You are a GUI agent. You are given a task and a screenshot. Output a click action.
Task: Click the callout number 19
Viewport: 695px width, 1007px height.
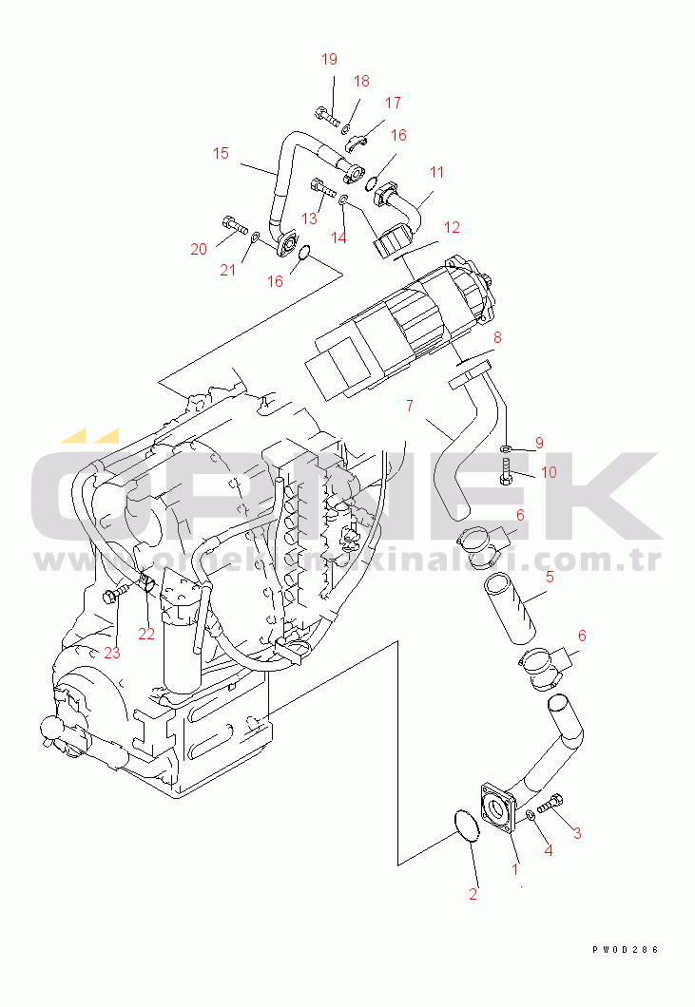click(x=329, y=59)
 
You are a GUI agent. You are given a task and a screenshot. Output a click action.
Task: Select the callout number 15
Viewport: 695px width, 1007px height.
click(x=221, y=153)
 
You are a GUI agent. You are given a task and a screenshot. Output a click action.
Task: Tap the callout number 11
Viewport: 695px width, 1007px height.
click(x=436, y=172)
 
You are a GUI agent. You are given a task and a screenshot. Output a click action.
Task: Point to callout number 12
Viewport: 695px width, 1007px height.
click(x=452, y=227)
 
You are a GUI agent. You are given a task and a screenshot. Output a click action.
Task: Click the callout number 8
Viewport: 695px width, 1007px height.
click(x=497, y=336)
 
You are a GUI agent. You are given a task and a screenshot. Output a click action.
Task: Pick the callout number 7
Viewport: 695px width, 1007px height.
click(x=409, y=406)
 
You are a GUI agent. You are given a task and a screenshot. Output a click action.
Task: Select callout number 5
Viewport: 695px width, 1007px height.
click(x=550, y=577)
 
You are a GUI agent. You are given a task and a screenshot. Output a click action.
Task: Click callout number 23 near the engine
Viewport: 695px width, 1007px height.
click(x=112, y=653)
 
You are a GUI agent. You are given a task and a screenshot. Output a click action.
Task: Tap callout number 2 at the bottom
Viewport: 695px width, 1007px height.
click(x=473, y=893)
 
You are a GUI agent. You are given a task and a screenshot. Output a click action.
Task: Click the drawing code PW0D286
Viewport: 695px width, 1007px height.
click(x=625, y=949)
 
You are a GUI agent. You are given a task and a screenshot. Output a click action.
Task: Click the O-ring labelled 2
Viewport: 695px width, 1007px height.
click(x=460, y=826)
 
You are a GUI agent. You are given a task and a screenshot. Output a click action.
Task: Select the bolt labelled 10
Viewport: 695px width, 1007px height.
click(x=506, y=470)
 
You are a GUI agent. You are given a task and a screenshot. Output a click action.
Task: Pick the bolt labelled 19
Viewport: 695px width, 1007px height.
click(x=325, y=118)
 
